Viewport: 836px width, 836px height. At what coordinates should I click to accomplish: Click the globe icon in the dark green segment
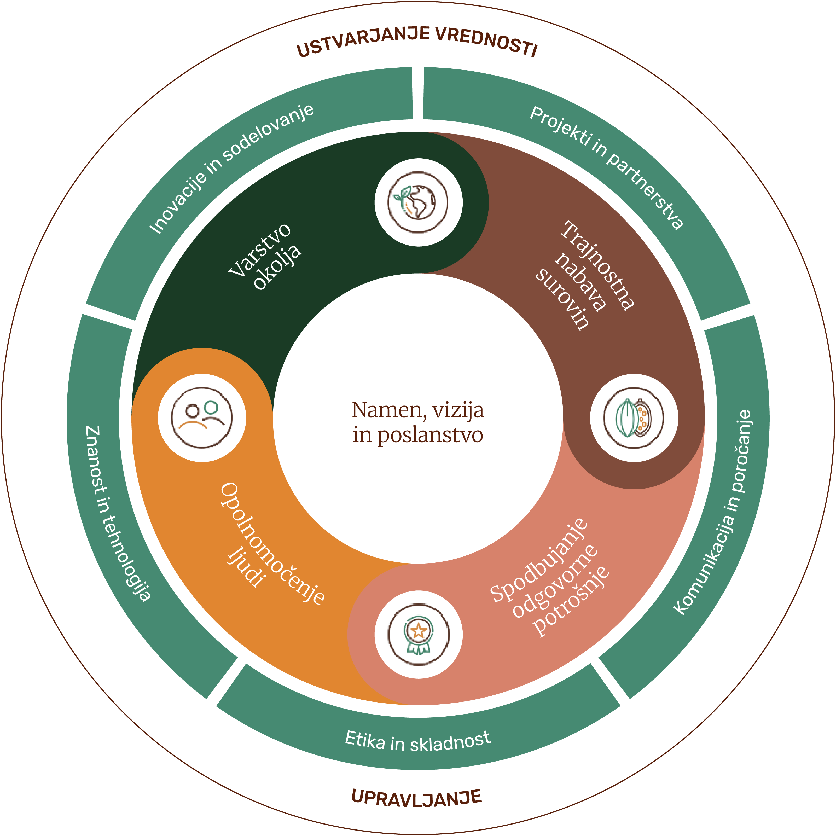coord(418,202)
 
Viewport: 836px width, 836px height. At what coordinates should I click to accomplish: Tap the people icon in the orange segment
coord(202,417)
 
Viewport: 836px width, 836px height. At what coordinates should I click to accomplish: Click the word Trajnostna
coord(597,265)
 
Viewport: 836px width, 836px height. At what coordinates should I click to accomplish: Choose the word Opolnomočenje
coord(272,543)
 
